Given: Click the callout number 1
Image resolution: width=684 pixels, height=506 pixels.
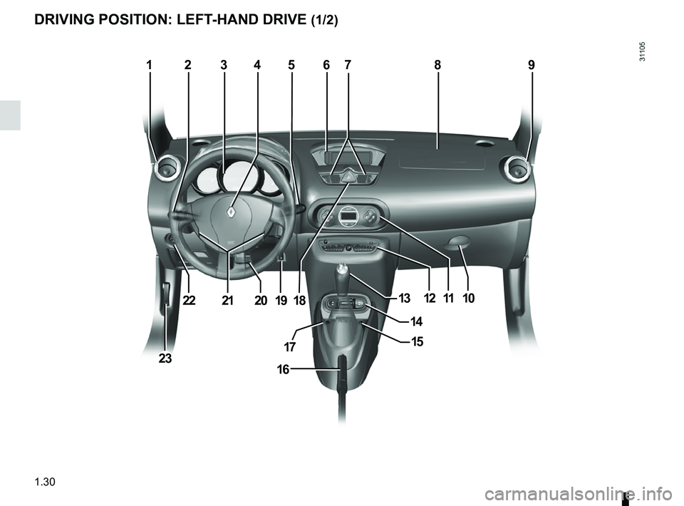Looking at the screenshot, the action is [149, 65].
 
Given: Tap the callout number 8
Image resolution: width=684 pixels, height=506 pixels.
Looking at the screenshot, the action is [437, 65].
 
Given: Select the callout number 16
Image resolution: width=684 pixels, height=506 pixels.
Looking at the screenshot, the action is [283, 369].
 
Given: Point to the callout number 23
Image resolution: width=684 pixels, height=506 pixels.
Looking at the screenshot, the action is [165, 358].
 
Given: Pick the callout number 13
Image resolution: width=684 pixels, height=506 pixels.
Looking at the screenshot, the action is [405, 299].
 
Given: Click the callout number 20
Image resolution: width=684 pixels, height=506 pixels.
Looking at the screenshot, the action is [261, 300].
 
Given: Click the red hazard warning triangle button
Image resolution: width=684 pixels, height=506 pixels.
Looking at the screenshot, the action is [348, 176].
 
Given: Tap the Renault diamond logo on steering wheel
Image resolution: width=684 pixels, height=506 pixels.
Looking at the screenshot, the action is [231, 212].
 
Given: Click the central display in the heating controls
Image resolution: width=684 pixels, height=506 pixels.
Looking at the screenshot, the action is [348, 216].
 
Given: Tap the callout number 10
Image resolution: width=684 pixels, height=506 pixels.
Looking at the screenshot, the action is [469, 299].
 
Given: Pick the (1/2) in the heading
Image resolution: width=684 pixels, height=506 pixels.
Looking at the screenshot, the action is [325, 21].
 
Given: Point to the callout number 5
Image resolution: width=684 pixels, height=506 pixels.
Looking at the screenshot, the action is [291, 65].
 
